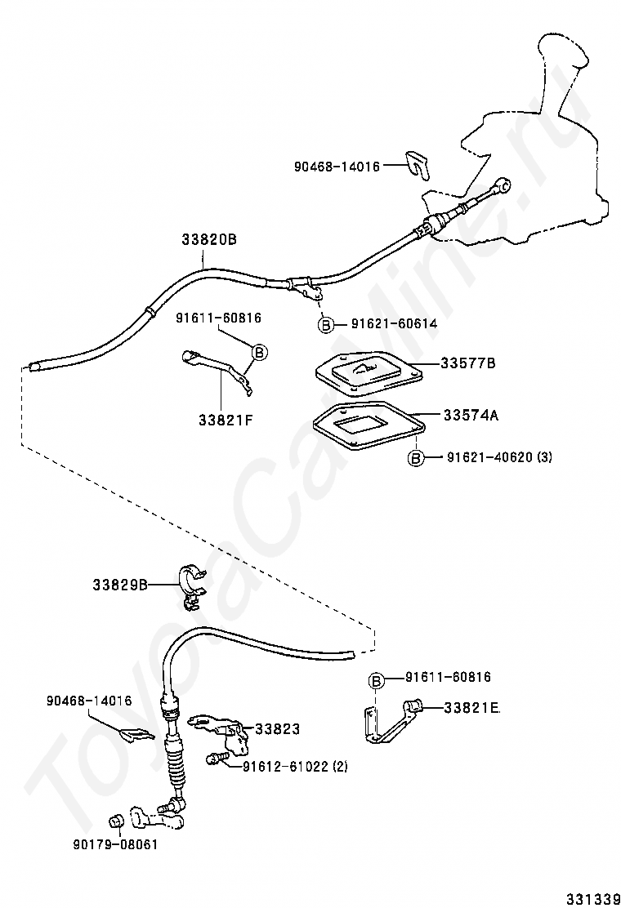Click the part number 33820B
(209, 239)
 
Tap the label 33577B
(468, 363)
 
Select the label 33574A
(471, 415)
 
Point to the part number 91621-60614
(394, 324)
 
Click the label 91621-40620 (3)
(499, 457)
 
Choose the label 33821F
(226, 419)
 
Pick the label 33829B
(120, 585)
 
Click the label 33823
(278, 729)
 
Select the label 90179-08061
(116, 845)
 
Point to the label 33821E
(472, 707)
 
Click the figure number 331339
(589, 899)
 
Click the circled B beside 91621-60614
(326, 325)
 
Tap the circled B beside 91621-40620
(416, 458)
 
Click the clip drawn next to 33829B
(192, 585)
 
